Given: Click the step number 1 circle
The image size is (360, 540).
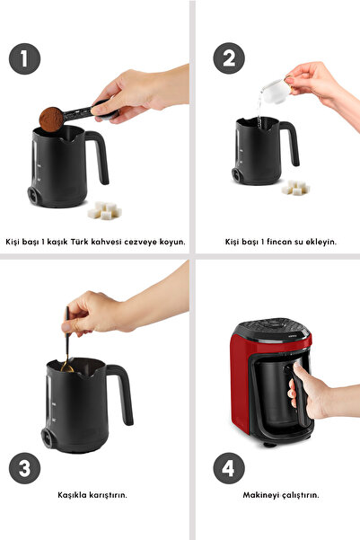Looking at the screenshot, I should coord(25,59).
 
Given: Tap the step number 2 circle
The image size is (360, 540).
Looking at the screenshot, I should coord(228,59).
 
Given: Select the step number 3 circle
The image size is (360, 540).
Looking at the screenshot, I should coord(25,468).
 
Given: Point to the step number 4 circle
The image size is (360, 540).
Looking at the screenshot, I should coord(228,468).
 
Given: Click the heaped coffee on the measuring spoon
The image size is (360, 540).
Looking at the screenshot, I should coord(52,118).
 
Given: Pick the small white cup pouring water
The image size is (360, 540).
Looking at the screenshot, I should coord(273,90).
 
